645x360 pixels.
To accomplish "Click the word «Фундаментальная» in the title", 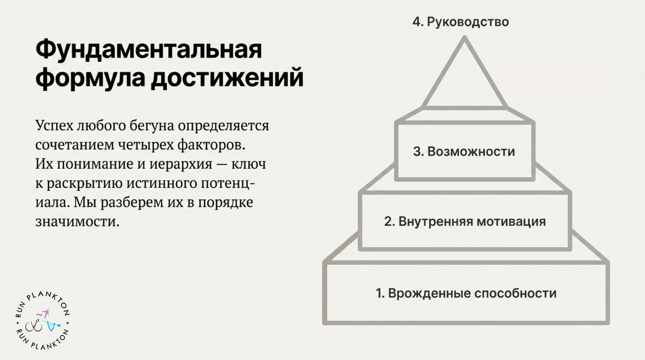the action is [149, 49].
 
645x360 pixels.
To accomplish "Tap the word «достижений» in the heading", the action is [227, 77].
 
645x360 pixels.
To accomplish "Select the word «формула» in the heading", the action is [90, 78].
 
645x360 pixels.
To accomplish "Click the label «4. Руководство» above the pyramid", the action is [461, 22].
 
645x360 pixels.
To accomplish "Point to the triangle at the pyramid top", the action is [443, 72].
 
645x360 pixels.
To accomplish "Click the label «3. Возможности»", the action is [464, 152].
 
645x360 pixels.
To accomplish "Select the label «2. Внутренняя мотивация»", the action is [465, 221].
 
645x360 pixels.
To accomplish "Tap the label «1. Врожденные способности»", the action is [466, 293].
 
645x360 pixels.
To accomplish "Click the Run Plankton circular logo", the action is [42, 321].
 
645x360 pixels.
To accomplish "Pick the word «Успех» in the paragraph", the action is [54, 126].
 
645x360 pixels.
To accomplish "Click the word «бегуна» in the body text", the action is [152, 126].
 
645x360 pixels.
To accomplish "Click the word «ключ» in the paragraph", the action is [249, 164].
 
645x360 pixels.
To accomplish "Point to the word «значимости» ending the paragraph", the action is [77, 222].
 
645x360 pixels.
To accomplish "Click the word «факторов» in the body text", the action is [211, 145].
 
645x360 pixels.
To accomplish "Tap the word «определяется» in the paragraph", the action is [224, 126].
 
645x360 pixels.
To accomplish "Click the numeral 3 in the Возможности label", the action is [417, 152].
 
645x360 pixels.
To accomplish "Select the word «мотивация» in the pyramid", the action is [511, 221].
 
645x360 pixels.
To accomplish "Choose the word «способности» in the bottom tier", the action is [515, 293].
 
